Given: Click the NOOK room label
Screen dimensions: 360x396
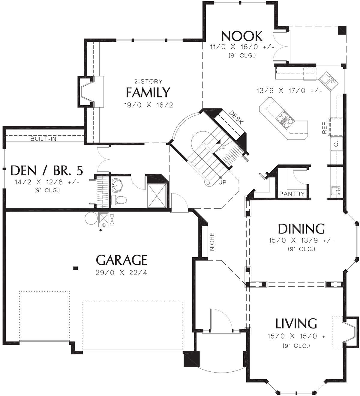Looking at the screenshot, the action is (x=242, y=36).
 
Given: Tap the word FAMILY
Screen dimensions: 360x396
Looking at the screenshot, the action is (x=148, y=92).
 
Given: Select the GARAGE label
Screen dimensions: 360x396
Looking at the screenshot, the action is (x=121, y=260).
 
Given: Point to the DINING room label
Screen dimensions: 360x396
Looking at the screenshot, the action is (x=301, y=229).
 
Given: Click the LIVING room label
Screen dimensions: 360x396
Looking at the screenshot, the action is (x=296, y=323).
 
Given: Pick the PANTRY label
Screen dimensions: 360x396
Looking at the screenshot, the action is (x=292, y=194).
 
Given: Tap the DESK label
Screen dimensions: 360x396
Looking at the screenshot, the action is (x=236, y=117).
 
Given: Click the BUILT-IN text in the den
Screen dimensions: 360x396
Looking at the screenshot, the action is (x=43, y=139).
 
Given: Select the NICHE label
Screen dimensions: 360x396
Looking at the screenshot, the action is (x=212, y=242).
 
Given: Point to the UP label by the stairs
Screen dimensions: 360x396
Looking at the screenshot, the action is (x=222, y=182).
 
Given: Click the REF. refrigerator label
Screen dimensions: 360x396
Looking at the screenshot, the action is (x=324, y=128).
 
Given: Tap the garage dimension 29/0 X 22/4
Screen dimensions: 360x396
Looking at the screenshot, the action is (x=121, y=273).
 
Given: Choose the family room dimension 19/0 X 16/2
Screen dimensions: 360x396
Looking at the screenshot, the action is (x=148, y=105).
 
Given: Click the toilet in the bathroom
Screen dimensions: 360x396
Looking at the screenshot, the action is (x=118, y=200).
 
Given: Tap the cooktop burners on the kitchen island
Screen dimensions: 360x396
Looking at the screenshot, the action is (x=284, y=118).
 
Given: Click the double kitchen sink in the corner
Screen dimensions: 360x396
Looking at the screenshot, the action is (x=328, y=81).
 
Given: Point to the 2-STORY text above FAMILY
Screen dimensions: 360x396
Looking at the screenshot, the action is (x=148, y=81).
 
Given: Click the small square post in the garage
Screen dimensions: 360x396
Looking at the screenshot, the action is (x=76, y=268).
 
